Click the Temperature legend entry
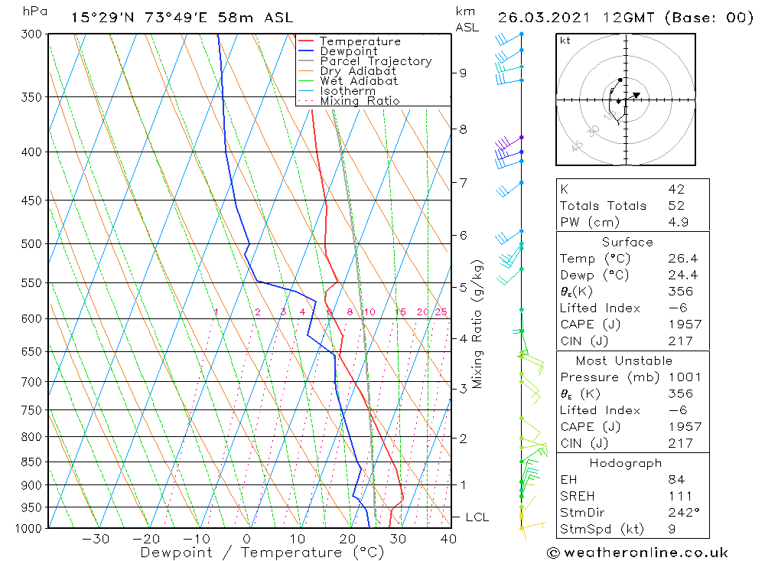point(360,41)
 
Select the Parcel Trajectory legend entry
point(376,61)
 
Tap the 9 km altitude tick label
point(463,73)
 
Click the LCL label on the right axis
point(477,517)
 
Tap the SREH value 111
point(679,497)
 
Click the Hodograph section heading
point(627,463)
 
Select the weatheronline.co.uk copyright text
point(637,553)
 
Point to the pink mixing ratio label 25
point(441,312)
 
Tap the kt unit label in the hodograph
point(565,41)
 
